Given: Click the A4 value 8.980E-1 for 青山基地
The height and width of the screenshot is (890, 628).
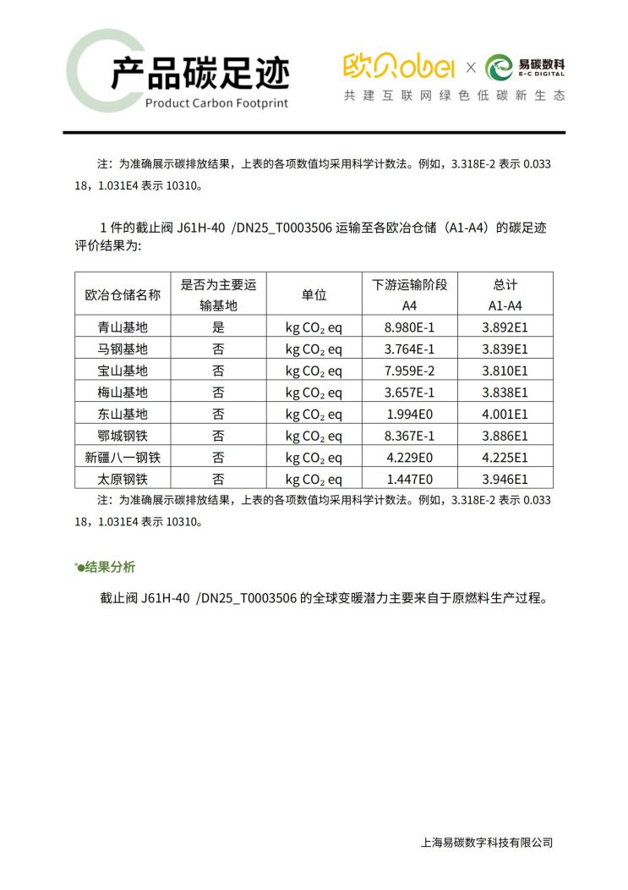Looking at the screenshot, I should (409, 327).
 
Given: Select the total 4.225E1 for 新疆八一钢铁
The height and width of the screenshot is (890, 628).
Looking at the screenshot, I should (505, 458).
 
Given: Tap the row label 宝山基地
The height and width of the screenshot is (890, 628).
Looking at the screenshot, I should (123, 371).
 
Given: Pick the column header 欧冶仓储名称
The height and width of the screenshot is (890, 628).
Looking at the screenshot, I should (123, 294).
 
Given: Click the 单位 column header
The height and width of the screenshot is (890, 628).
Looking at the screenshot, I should (314, 294).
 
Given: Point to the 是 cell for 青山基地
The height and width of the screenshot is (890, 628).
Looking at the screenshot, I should (218, 327).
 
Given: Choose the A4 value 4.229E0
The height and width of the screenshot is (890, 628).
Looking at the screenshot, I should (409, 458).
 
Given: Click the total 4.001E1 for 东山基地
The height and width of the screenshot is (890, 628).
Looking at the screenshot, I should (505, 415).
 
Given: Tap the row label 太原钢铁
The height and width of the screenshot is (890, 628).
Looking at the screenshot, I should (123, 480).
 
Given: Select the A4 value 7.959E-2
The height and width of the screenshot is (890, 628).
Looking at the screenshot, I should (409, 371).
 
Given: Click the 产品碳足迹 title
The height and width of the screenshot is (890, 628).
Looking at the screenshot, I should (199, 74).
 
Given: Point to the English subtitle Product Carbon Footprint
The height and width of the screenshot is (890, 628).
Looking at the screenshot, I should (216, 103).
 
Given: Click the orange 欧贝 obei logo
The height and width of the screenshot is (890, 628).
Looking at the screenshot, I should (399, 65).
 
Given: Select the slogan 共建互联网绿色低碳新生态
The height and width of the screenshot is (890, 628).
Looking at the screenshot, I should (454, 96).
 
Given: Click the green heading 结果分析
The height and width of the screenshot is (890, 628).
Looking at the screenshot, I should (110, 567).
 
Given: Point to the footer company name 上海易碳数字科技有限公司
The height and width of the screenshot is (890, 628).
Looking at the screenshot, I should (486, 842).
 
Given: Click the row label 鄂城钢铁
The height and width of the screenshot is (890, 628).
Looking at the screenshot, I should (123, 436).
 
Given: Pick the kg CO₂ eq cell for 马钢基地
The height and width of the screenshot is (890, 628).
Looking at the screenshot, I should (314, 349).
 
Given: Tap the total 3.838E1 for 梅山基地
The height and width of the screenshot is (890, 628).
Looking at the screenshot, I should (505, 393).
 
